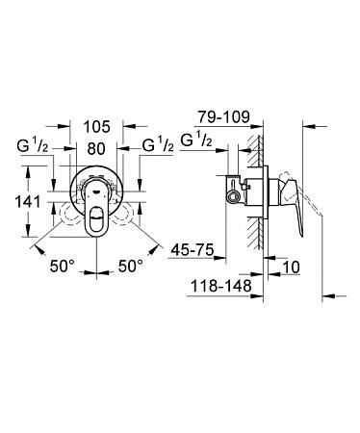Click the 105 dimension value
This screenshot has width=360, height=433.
coord(97,127)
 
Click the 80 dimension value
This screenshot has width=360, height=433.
coord(96,148)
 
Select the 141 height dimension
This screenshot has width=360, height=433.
coord(28,202)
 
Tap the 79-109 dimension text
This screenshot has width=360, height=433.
coord(223,117)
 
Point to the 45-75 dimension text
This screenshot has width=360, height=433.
coord(193,249)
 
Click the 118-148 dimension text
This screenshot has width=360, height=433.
coord(221,286)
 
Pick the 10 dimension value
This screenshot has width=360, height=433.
coord(291,267)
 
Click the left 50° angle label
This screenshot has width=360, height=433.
coord(63,266)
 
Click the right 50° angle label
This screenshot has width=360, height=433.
coord(131,266)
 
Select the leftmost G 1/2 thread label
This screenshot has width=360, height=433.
coord(33,146)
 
